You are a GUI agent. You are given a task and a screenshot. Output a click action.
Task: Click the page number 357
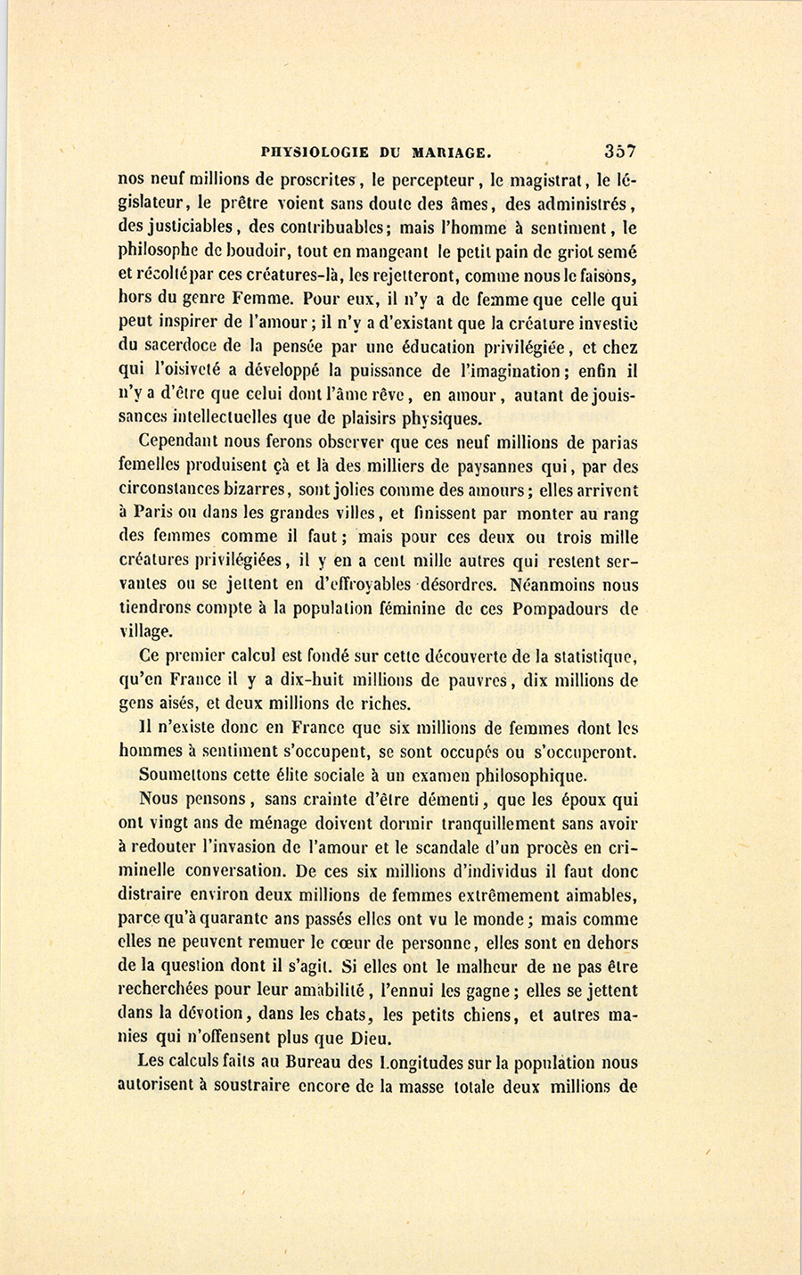click(618, 151)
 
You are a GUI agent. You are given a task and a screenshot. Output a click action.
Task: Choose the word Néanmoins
click(561, 586)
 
